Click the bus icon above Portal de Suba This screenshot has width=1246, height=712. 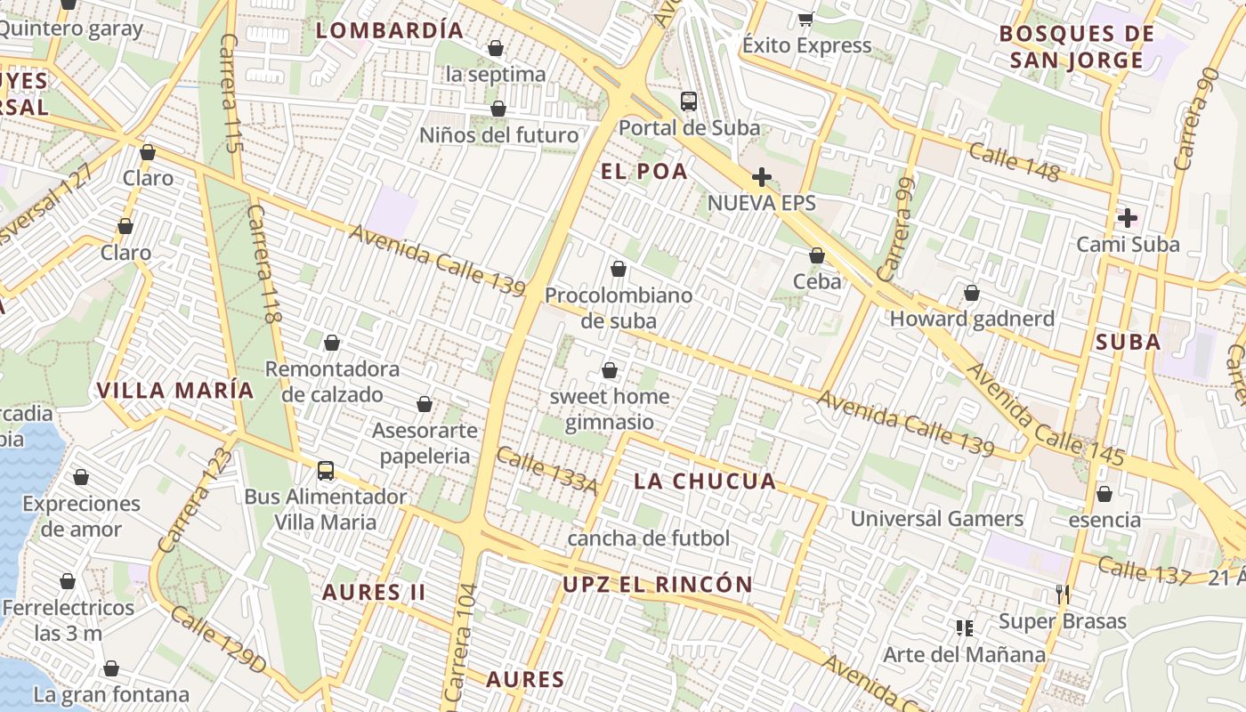coord(689,101)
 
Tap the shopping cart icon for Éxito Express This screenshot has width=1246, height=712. coord(806,19)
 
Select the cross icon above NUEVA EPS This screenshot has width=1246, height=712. coord(761,176)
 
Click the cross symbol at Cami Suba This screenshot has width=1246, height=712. coord(1128,217)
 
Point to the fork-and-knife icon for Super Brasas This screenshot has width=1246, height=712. coord(1062,595)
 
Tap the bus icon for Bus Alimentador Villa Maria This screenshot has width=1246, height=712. coord(326,470)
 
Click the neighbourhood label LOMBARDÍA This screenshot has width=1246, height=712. coord(390,30)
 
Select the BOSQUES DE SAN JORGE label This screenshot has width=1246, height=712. coord(1076,47)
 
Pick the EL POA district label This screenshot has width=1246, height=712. coord(644,172)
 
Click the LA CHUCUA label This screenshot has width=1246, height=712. coord(705,482)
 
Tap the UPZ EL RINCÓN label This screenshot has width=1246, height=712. coord(658,585)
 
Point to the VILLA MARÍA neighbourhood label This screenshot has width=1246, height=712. coord(175,390)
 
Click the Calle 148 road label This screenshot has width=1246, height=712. coord(1014,162)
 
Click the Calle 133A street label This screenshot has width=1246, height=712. coord(546,469)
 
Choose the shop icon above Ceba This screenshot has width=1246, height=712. coord(816,256)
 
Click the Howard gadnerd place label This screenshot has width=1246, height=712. coord(972,319)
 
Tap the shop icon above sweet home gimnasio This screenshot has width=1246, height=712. coord(610,370)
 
